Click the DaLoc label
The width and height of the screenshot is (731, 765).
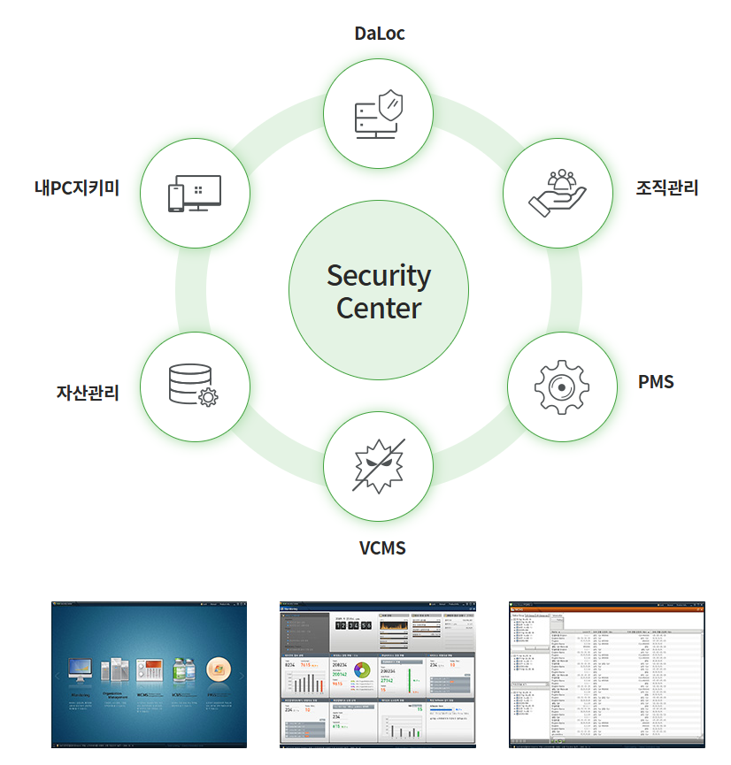(379, 34)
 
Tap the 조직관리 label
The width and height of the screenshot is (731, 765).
(666, 187)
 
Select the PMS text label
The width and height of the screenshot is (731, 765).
(656, 382)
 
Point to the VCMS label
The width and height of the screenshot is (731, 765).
(382, 548)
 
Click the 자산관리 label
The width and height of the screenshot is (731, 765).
(88, 393)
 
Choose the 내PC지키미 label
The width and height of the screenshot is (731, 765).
(77, 187)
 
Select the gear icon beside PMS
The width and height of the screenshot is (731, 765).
(562, 386)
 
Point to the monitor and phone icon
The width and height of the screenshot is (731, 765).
(194, 193)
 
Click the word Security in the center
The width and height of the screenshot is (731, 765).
(379, 275)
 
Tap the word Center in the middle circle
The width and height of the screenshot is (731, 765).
(379, 309)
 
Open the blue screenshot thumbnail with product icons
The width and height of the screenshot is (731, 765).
(149, 674)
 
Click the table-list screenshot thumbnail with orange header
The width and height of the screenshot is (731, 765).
(606, 674)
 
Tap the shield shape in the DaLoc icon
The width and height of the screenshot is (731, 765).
(389, 107)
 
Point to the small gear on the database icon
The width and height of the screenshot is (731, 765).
(208, 397)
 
